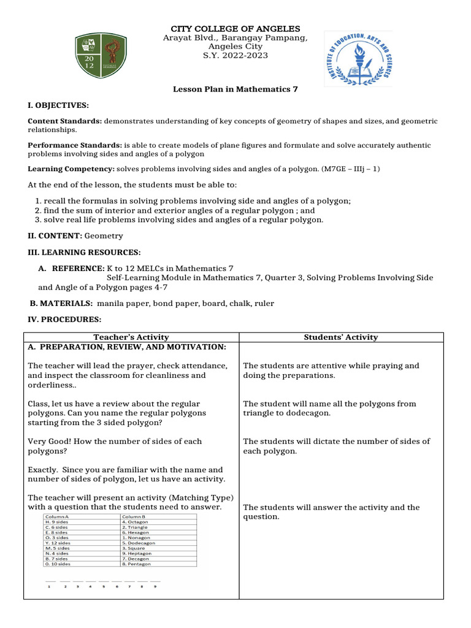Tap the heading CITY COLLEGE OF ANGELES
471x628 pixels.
tap(235, 29)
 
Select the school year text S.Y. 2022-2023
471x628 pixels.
tap(235, 56)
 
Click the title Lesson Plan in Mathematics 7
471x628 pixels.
tap(235, 89)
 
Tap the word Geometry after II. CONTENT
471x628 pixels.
tap(104, 235)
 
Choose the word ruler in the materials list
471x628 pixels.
tap(264, 303)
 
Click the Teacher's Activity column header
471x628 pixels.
tap(131, 337)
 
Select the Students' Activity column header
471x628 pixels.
tap(341, 337)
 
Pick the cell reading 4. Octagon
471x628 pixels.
tap(136, 522)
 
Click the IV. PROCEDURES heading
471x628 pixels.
tap(63, 320)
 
